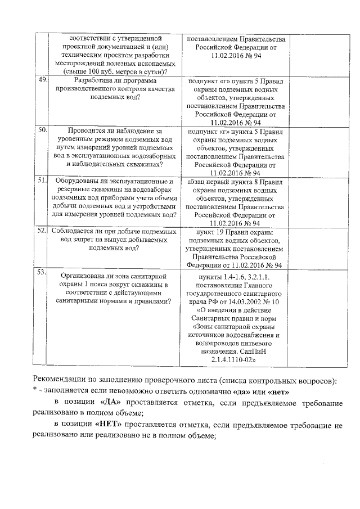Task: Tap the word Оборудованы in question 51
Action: point(76,181)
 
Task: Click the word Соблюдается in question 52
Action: point(75,231)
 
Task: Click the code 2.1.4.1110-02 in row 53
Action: point(234,358)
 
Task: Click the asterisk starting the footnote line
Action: point(34,391)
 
